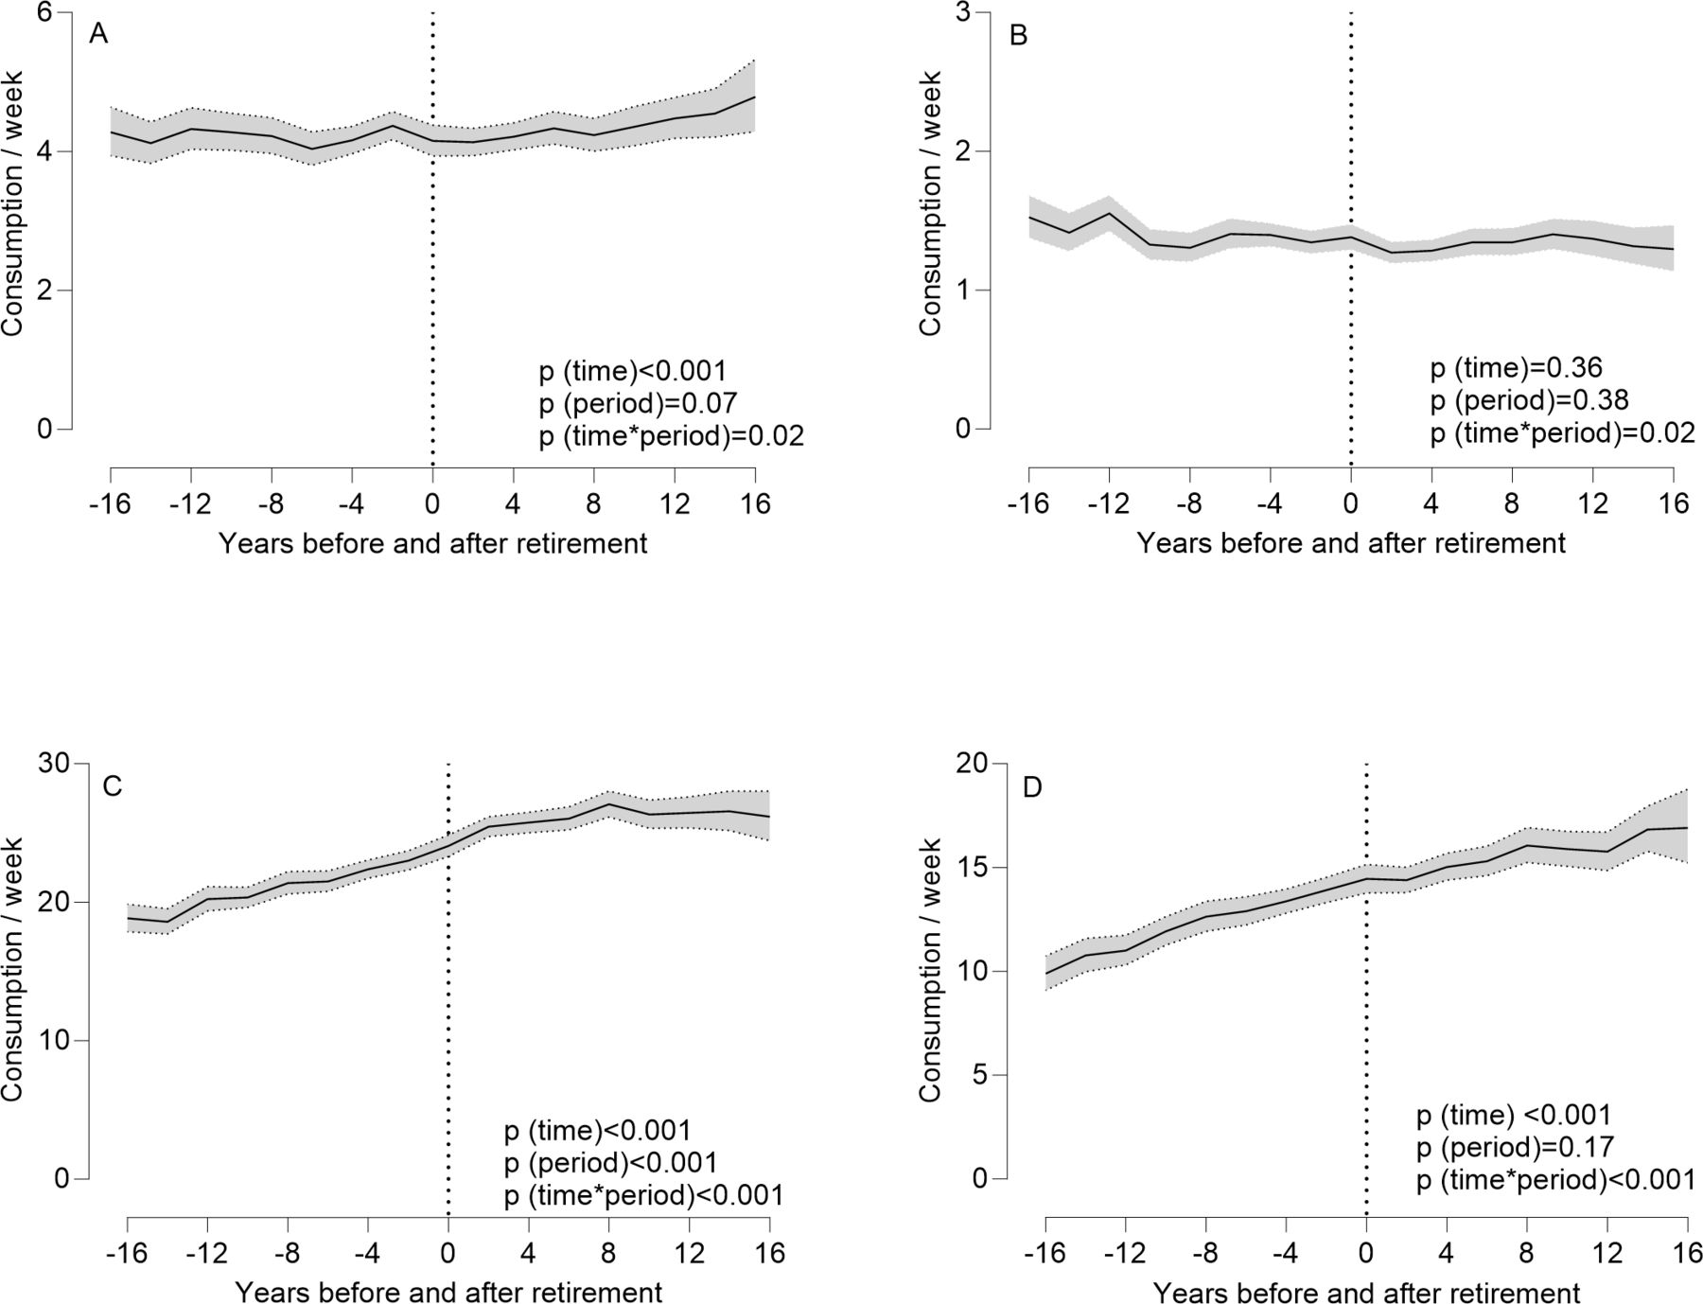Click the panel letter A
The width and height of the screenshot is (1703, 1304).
(98, 34)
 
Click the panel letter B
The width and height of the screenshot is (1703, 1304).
(1019, 36)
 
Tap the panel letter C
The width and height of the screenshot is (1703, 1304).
(113, 787)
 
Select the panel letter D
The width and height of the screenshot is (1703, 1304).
(1032, 787)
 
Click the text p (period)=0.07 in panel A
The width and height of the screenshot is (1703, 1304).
(638, 403)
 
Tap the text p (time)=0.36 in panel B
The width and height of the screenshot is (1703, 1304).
(1516, 368)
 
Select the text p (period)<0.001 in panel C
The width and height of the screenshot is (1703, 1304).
(610, 1163)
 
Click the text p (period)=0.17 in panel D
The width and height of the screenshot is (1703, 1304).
(1515, 1148)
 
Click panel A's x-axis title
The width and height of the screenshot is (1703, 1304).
(433, 544)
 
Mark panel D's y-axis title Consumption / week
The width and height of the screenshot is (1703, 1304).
(931, 971)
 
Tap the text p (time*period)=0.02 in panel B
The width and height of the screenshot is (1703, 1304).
(1562, 432)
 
